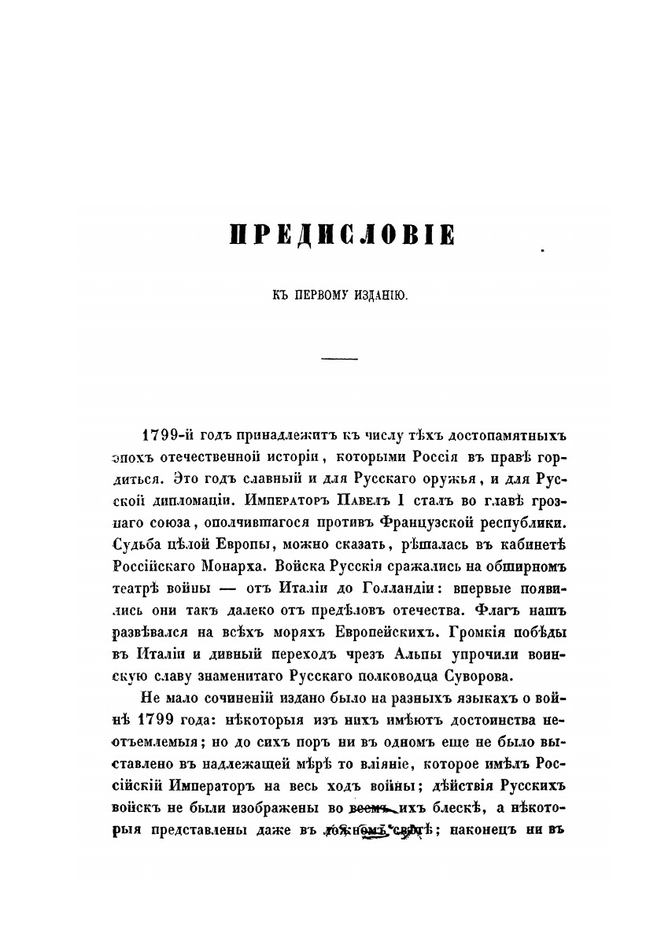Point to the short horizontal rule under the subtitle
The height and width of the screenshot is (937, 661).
click(340, 359)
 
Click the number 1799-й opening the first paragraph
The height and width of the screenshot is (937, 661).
click(166, 436)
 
